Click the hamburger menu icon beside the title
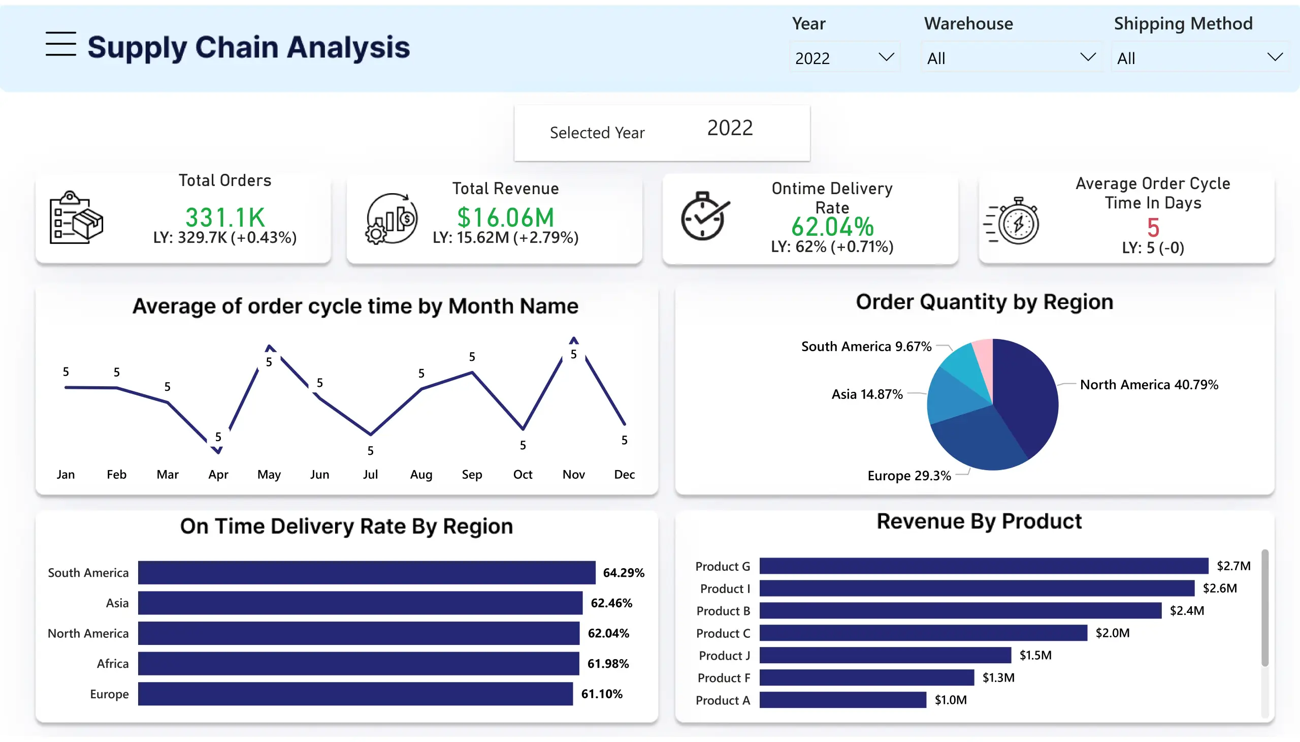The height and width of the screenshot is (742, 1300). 60,44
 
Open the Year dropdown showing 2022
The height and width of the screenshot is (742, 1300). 844,57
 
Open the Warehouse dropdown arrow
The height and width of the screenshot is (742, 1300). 1088,57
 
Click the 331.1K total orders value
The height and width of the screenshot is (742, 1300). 225,217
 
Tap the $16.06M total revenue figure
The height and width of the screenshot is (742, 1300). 505,217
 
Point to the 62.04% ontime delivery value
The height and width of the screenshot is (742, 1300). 832,227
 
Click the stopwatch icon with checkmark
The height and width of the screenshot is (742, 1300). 705,217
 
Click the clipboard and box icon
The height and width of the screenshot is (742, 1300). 76,218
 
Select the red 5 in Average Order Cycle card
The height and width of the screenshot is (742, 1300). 1153,227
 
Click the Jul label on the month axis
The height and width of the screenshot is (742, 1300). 370,475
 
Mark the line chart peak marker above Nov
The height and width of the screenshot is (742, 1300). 574,340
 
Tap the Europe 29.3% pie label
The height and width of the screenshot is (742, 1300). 909,476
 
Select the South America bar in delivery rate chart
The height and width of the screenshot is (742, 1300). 367,572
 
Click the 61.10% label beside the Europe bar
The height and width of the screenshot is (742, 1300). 602,694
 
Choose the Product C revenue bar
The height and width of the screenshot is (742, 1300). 923,633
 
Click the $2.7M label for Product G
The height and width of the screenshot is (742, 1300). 1233,566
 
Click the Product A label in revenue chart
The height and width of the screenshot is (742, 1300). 723,700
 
